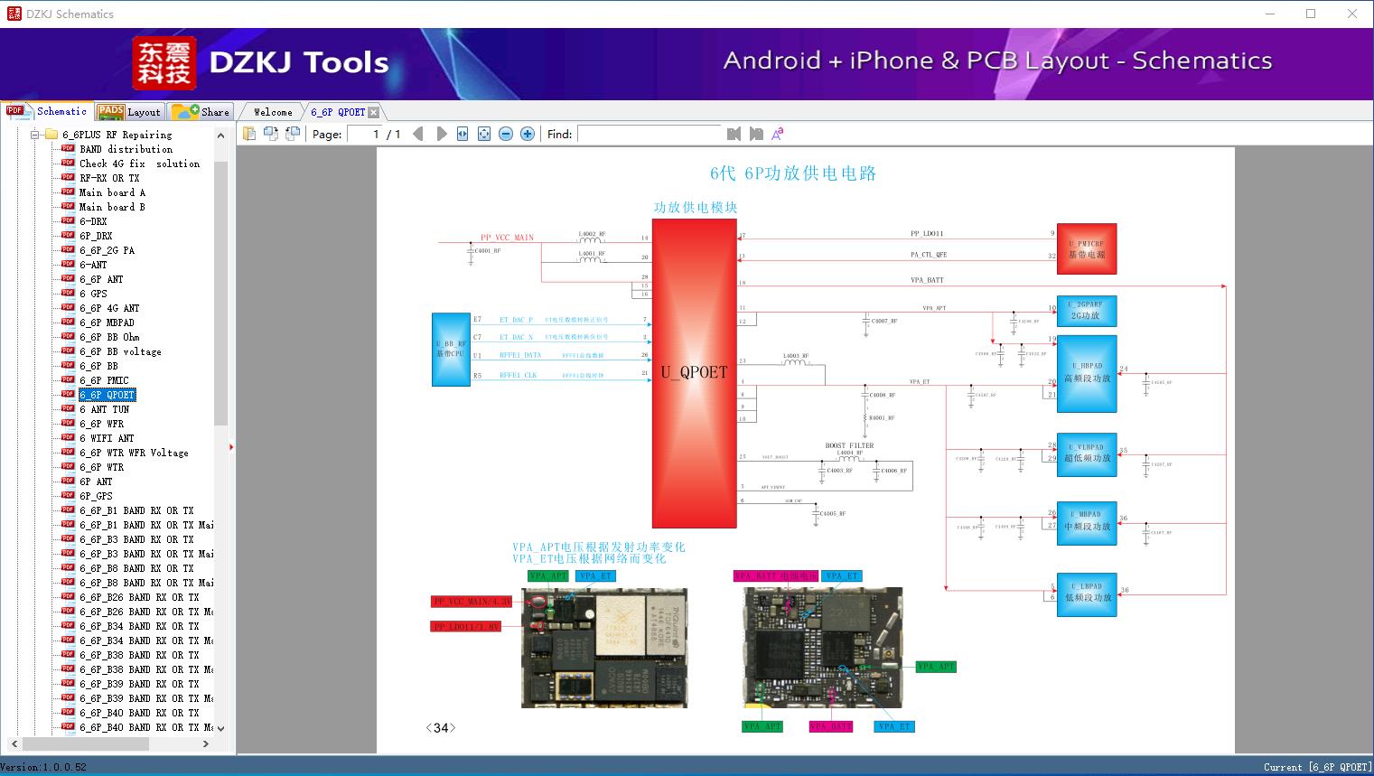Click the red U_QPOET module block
[694, 372]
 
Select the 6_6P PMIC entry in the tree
[104, 380]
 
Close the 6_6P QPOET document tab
[374, 112]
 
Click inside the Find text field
[650, 134]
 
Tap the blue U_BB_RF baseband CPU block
[451, 350]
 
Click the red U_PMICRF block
[1087, 248]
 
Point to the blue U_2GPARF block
[1087, 311]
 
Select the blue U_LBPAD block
[1087, 593]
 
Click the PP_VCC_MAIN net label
[507, 238]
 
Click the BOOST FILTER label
[849, 445]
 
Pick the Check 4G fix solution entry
[139, 164]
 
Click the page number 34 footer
[441, 727]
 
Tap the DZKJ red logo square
[164, 62]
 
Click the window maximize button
[1311, 14]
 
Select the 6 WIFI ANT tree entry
[107, 438]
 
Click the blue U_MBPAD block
[1087, 523]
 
